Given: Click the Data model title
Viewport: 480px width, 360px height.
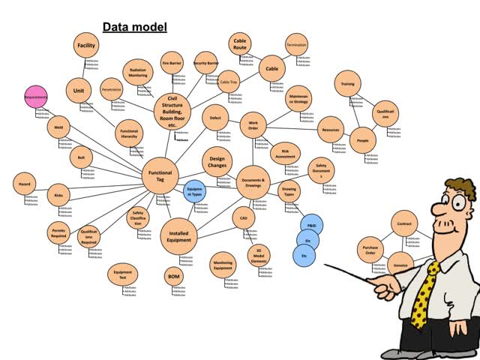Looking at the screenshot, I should click(134, 28).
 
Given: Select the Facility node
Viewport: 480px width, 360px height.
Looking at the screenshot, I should click(86, 46).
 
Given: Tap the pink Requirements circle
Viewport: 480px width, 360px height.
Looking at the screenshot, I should click(36, 97).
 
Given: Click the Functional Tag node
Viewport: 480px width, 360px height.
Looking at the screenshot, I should click(160, 177).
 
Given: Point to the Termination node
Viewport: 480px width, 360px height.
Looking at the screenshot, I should click(296, 44).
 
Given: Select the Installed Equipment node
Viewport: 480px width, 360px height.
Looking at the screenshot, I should click(179, 238).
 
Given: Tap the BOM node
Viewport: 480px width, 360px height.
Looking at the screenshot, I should click(173, 277).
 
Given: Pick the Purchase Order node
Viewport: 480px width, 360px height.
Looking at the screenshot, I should click(370, 250).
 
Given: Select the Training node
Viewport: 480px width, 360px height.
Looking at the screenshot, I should click(346, 84).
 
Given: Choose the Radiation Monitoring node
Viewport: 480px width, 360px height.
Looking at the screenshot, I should click(137, 72).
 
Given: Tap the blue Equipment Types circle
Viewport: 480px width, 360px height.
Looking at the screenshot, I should click(196, 192).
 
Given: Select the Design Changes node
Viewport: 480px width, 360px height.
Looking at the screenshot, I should click(217, 160).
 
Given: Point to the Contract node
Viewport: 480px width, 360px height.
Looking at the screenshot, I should click(405, 223).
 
